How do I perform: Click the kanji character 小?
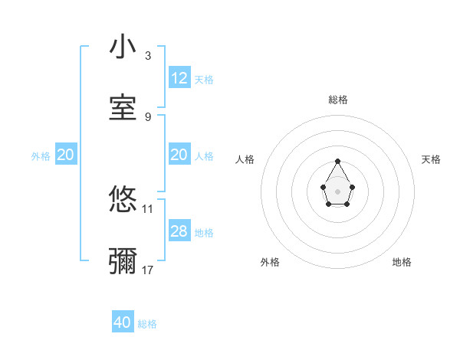[123, 47]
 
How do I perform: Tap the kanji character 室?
[123, 108]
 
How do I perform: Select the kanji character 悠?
[123, 200]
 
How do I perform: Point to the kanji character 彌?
[123, 261]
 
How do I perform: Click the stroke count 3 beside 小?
[148, 56]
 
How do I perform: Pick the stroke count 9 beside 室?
[148, 116]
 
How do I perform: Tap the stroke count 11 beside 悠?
[148, 208]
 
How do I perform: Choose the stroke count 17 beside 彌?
[148, 270]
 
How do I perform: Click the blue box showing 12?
[179, 78]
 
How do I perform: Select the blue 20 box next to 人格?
[179, 155]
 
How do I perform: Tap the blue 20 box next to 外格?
[66, 155]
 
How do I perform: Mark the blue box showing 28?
[179, 231]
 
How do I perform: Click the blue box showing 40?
[123, 323]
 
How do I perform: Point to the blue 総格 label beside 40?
[147, 324]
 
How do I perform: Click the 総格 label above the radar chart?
[338, 100]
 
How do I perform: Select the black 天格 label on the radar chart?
[431, 159]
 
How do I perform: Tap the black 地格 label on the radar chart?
[402, 262]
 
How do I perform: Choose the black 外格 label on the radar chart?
[270, 262]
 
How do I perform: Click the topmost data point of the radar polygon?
[337, 161]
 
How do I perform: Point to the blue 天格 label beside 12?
[204, 79]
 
